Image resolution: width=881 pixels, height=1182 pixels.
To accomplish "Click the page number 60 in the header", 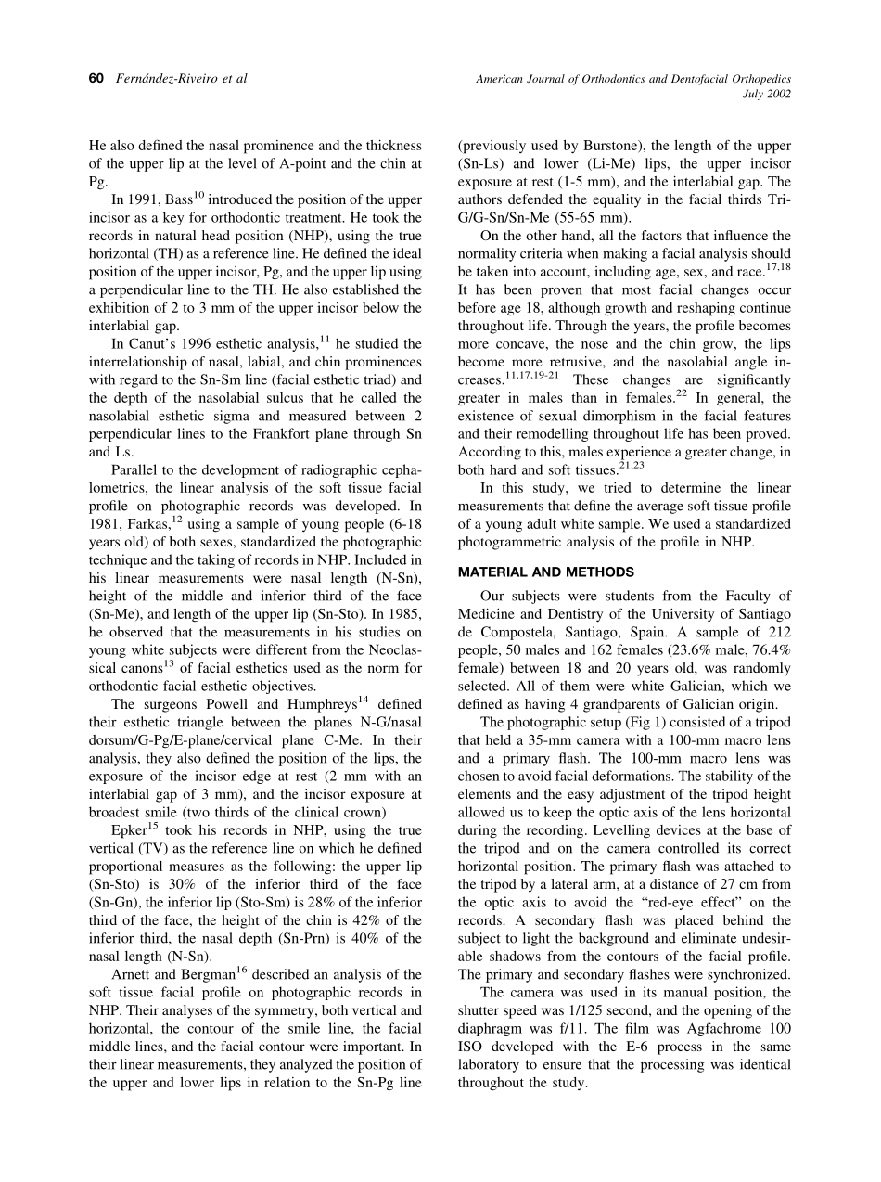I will point(95,79).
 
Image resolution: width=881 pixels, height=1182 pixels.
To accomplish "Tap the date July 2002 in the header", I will point(768,94).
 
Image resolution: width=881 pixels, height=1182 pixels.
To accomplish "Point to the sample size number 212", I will point(778,632).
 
